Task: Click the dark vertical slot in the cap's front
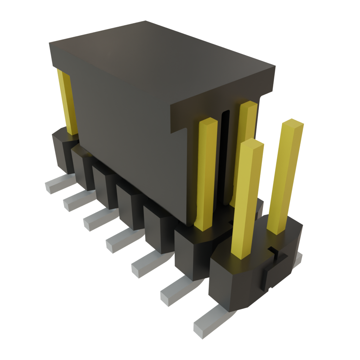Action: (225, 158)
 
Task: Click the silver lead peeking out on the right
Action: (298, 258)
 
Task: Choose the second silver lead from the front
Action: (174, 292)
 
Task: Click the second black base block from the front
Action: (190, 253)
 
